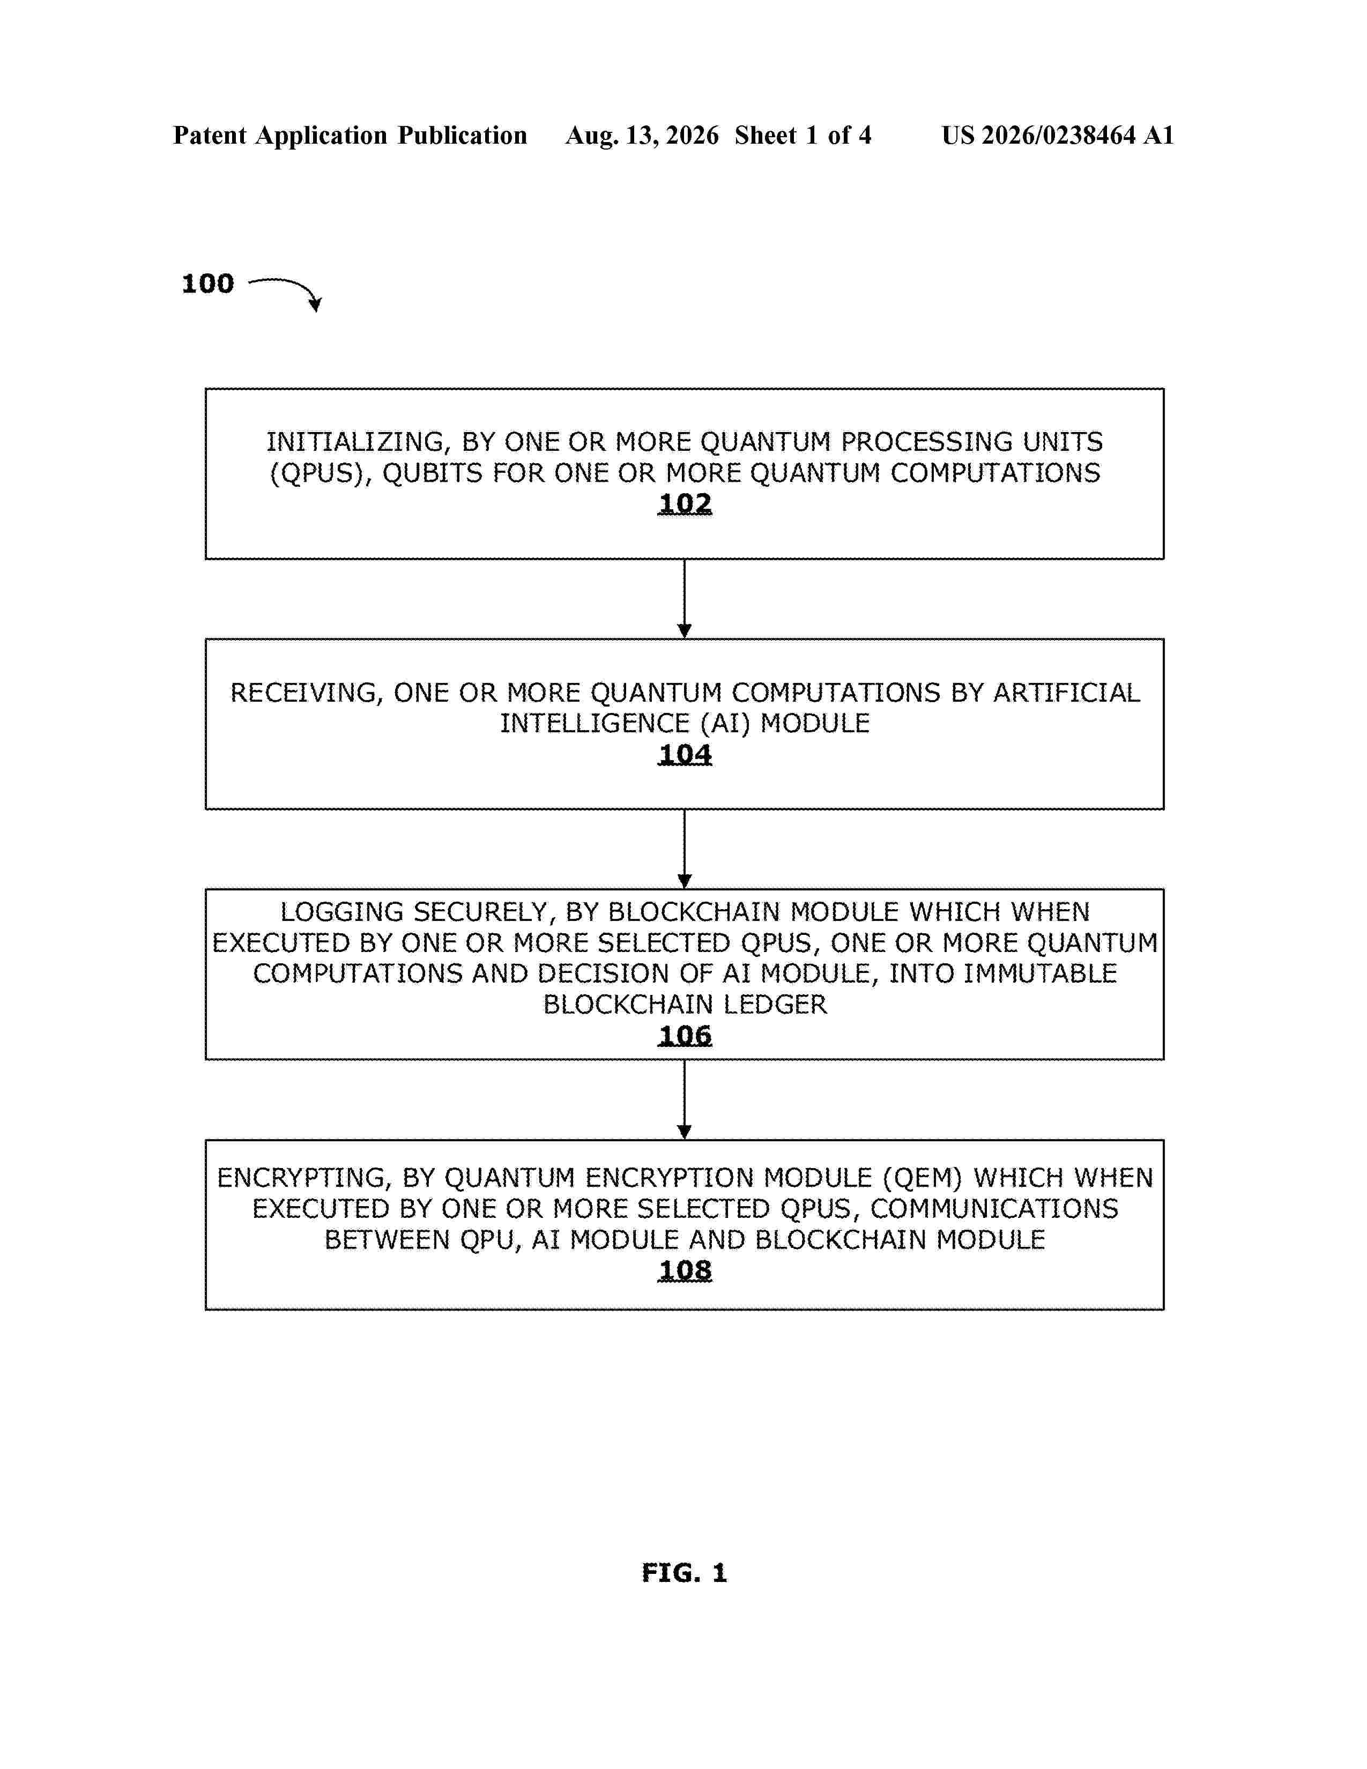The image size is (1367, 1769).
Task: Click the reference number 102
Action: (x=685, y=504)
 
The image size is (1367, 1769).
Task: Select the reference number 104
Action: (x=685, y=755)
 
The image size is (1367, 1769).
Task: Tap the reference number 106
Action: (x=685, y=1036)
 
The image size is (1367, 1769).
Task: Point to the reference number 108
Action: (x=685, y=1271)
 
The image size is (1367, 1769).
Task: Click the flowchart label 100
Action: (x=208, y=284)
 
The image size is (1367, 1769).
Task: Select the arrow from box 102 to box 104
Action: (x=685, y=599)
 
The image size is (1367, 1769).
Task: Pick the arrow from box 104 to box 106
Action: (x=685, y=849)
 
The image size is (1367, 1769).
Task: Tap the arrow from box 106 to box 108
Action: (x=685, y=1099)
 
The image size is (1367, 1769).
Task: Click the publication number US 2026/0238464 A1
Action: (x=1058, y=135)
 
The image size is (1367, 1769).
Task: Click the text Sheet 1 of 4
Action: (x=803, y=135)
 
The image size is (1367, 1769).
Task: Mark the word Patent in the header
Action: (x=210, y=135)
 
